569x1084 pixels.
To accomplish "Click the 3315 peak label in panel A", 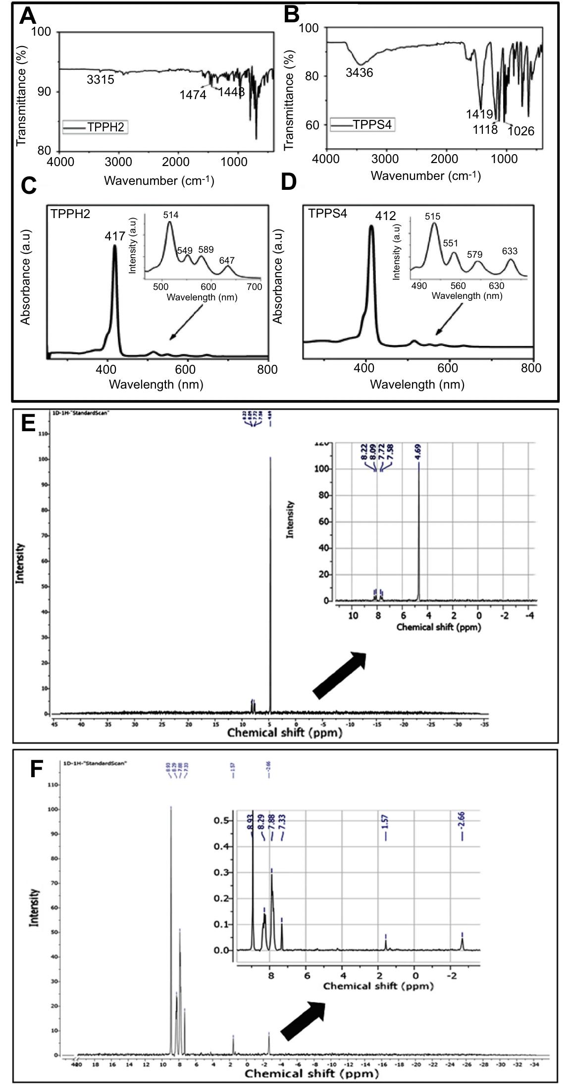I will tap(101, 79).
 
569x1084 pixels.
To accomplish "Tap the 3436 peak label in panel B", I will tap(359, 73).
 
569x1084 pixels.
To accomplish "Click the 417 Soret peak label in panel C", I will tap(114, 236).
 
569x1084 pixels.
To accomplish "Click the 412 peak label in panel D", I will tap(385, 216).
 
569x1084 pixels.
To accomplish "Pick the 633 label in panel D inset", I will tap(510, 251).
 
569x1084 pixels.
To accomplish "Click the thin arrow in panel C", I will tap(186, 322).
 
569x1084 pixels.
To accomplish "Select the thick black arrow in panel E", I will tap(340, 675).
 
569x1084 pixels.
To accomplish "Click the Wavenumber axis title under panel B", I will tap(425, 175).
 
